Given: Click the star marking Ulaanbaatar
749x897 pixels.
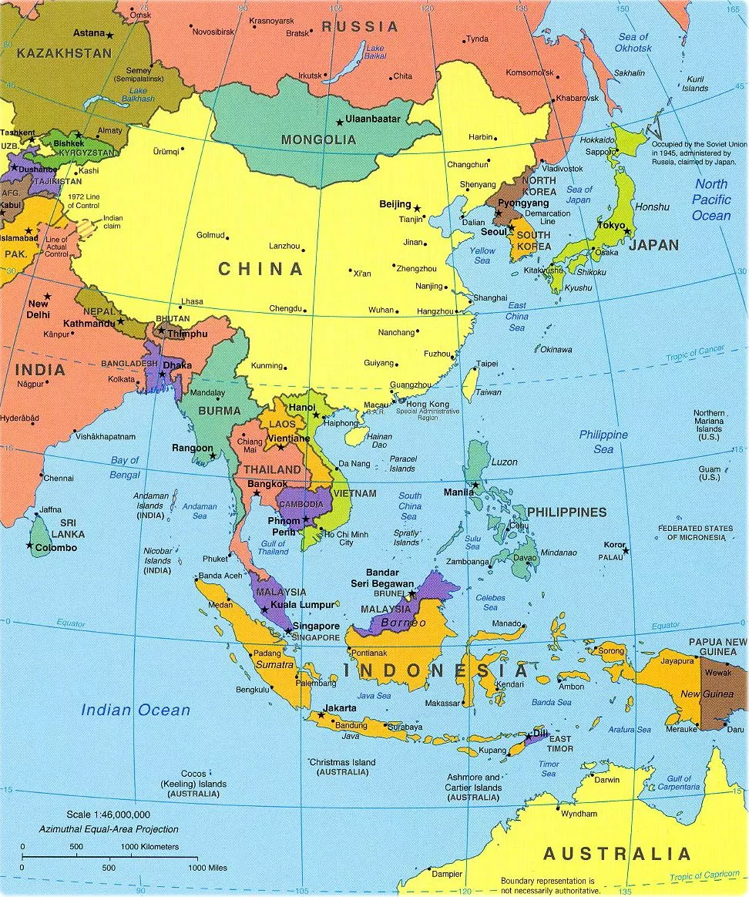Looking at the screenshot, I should pos(339,122).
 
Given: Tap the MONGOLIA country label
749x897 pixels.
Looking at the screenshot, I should pos(318,140).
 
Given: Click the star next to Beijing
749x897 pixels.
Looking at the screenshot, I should pos(417,208).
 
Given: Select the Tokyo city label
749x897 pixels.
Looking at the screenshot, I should pos(611,226).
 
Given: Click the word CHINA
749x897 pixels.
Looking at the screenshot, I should pos(260,269).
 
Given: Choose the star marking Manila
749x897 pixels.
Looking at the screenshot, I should pos(475,485).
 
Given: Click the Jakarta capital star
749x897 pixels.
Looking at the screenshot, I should pos(321,714).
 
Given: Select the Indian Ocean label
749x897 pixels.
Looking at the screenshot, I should pos(136,711).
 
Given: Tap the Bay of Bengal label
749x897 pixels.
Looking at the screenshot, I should pos(125,467).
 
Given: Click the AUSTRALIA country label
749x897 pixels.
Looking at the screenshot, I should pos(617,854).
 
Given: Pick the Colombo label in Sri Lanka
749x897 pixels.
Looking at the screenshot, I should pos(56,548).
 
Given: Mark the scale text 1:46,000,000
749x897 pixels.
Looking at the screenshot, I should pos(108,815).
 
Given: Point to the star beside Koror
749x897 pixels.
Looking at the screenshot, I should pos(626,550).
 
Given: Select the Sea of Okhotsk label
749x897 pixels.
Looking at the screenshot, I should pos(633,42).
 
